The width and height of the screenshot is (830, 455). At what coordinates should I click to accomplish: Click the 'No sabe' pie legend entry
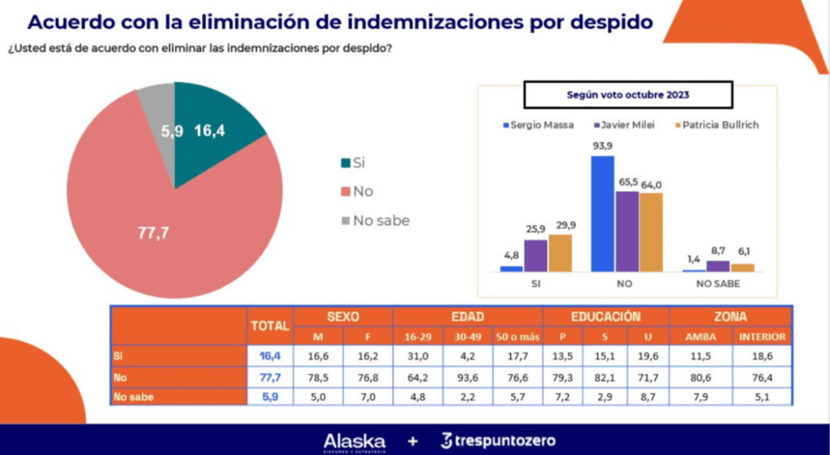point(375,220)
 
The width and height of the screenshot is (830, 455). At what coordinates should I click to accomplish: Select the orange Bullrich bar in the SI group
point(560,252)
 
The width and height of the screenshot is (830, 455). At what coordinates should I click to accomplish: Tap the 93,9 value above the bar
point(602,146)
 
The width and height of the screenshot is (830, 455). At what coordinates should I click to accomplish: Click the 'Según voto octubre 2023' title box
point(627,94)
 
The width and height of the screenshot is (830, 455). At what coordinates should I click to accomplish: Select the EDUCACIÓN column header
point(606,316)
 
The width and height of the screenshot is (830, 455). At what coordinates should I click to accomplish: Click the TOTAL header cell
point(269,325)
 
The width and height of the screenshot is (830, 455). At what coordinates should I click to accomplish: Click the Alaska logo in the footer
point(355,440)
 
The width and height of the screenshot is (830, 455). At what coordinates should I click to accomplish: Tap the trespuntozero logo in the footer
point(498,440)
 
